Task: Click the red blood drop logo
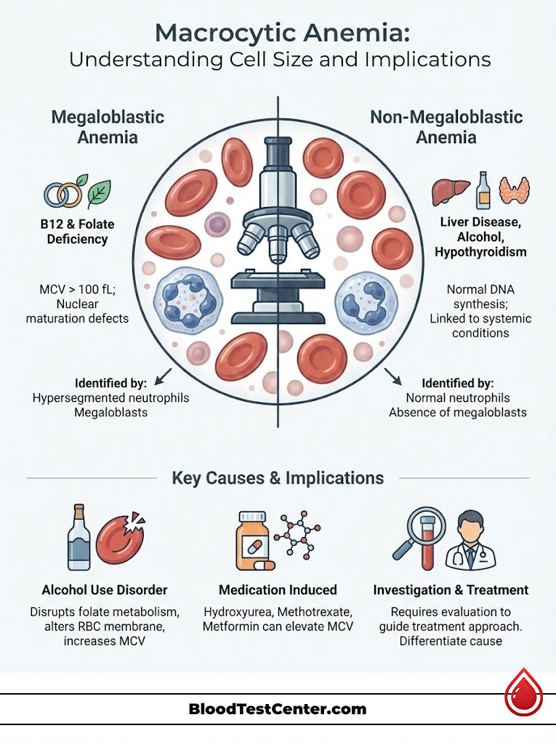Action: tap(524, 695)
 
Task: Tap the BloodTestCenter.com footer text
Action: tap(278, 709)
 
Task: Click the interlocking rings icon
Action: tap(63, 193)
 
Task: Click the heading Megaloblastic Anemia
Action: tap(108, 126)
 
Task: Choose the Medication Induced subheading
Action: tap(278, 589)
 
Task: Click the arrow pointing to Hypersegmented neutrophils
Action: tap(164, 374)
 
